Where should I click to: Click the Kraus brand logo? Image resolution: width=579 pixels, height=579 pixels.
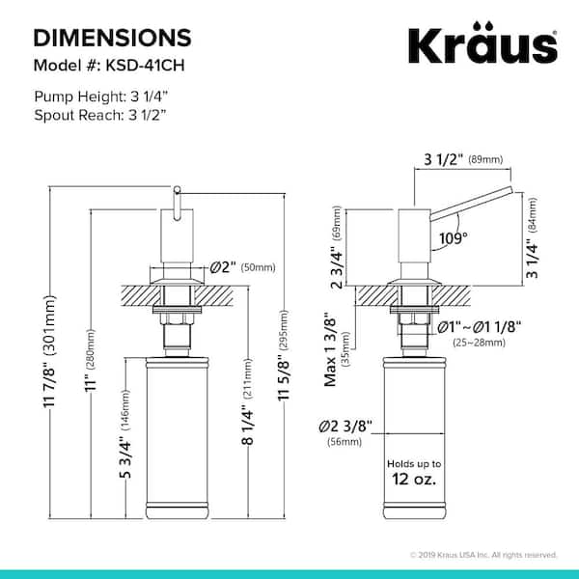click(482, 42)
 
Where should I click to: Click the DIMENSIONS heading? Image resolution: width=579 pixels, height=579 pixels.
click(112, 38)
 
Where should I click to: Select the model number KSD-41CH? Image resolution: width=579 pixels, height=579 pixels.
click(145, 66)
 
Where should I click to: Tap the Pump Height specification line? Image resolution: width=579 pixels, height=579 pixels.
click(100, 96)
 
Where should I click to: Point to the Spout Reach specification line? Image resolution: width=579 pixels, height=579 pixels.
click(100, 115)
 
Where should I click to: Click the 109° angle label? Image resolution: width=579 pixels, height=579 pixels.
click(454, 238)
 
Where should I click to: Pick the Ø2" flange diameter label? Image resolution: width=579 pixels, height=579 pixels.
click(223, 267)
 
